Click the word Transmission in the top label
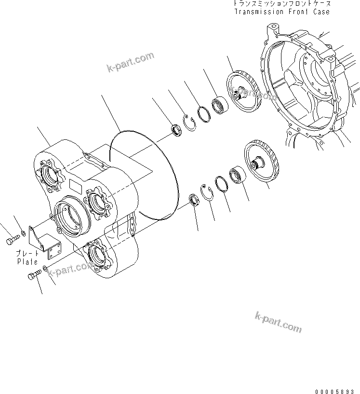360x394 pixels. point(259,12)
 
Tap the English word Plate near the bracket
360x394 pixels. point(27,262)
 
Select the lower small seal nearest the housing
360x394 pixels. point(194,199)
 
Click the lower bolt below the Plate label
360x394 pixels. point(34,276)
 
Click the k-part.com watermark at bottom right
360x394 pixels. point(278,322)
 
